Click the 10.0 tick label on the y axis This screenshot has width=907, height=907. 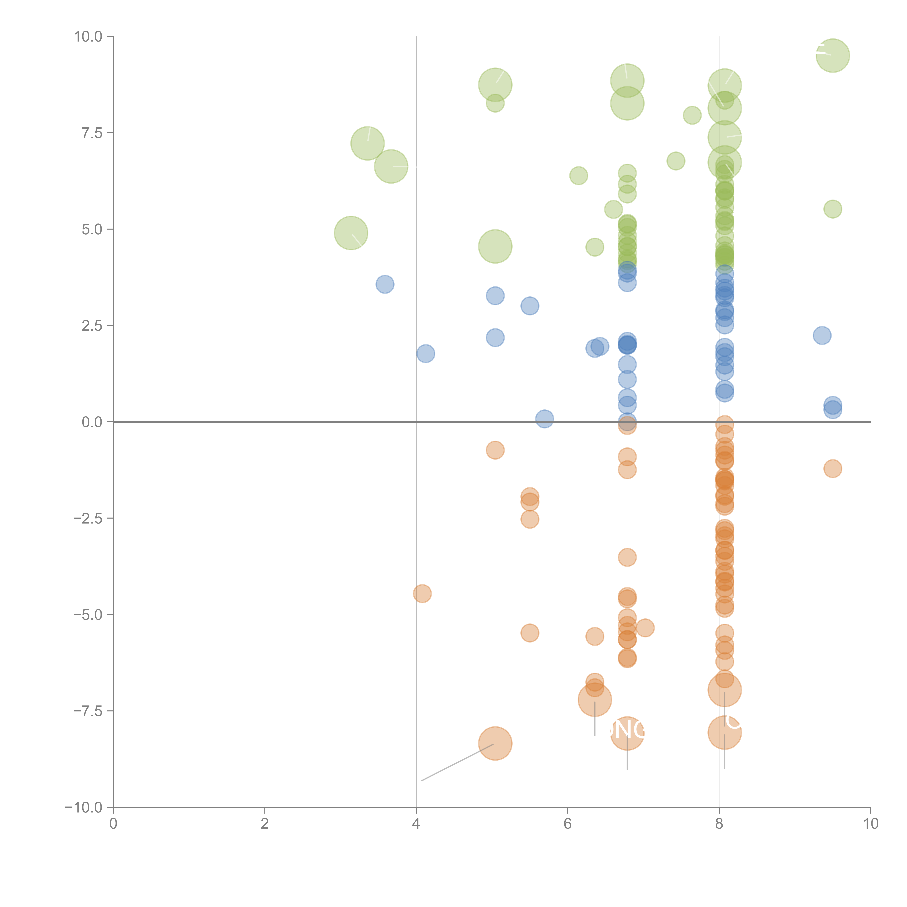[88, 37]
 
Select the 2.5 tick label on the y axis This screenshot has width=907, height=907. [92, 326]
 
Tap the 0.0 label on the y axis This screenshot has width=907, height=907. [92, 422]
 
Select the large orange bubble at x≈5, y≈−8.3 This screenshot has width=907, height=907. [495, 743]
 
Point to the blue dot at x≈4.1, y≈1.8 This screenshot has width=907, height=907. [425, 354]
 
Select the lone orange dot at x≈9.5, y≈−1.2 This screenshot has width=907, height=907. [832, 469]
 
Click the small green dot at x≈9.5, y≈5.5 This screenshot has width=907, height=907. [832, 209]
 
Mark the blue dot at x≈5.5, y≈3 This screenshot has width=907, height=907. [530, 306]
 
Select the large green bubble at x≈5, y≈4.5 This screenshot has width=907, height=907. [495, 247]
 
